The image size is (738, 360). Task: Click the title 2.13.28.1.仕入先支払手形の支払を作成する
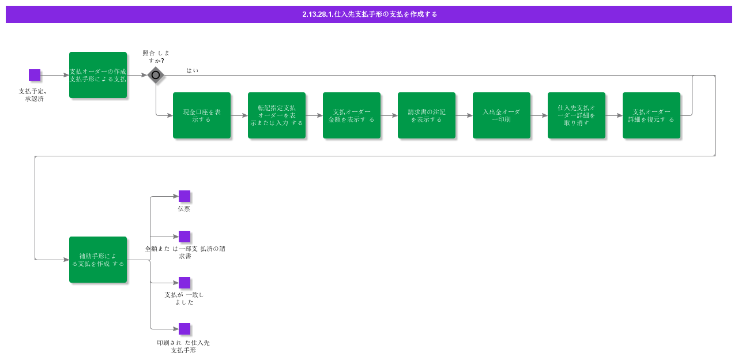370,14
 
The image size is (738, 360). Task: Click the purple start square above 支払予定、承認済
35,75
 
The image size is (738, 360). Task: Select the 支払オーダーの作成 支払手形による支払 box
98,75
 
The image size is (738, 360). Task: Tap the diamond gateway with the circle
156,75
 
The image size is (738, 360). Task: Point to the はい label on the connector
193,70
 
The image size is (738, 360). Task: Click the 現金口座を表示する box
202,115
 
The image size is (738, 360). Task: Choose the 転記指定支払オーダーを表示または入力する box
277,115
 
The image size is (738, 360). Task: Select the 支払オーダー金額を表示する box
352,115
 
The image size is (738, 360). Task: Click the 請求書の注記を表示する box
427,115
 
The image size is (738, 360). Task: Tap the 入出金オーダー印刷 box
502,115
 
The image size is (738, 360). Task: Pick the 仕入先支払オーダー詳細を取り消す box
577,115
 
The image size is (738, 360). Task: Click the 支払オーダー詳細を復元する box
652,115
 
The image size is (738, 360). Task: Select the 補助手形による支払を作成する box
98,260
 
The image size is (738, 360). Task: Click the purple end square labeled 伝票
184,196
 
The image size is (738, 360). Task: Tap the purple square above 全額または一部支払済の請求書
184,237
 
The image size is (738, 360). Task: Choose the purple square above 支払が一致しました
184,283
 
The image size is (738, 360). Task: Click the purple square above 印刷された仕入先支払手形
184,329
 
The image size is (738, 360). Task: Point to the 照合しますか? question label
156,57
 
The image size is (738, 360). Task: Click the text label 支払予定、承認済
33,95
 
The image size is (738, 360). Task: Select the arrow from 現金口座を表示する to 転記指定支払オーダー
239,115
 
